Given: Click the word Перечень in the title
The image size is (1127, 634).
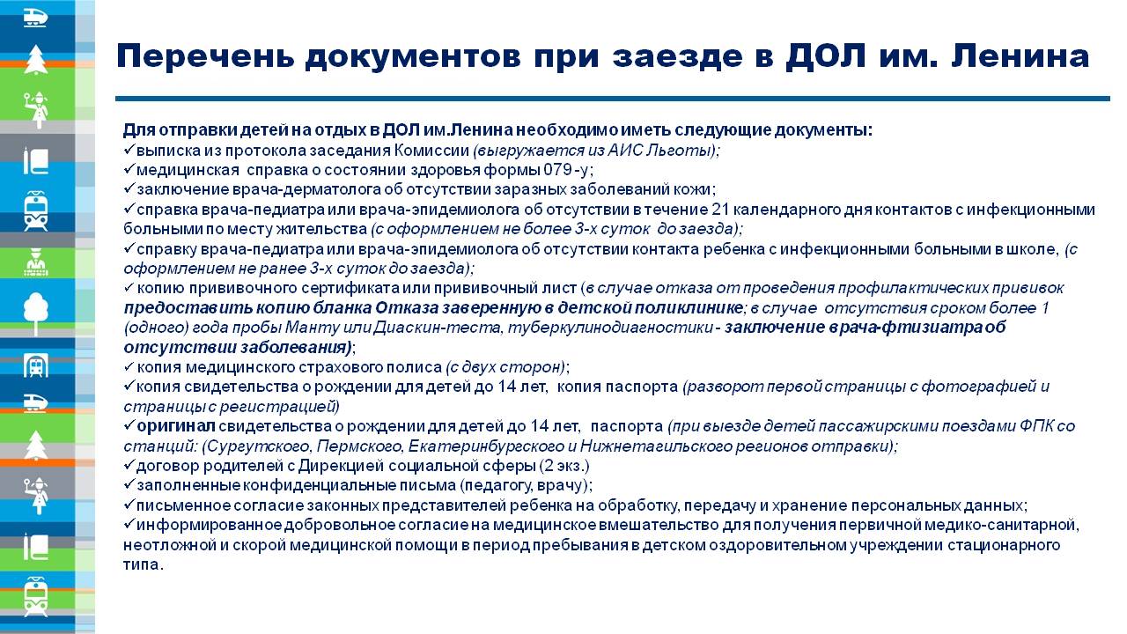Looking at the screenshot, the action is pyautogui.click(x=205, y=55).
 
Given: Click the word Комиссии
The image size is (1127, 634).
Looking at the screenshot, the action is pyautogui.click(x=431, y=151).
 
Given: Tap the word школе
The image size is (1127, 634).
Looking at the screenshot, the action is pyautogui.click(x=1032, y=249).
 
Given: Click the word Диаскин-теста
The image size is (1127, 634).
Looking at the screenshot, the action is pyautogui.click(x=438, y=328).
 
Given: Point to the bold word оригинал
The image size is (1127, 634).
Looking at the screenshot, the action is pyautogui.click(x=176, y=427).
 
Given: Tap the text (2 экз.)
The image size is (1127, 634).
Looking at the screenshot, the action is pyautogui.click(x=564, y=466).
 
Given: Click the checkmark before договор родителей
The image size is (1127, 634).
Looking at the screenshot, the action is pyautogui.click(x=129, y=464).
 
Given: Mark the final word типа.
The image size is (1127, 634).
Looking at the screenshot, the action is pyautogui.click(x=144, y=564).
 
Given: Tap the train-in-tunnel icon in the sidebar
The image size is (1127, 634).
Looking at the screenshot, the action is pyautogui.click(x=36, y=365).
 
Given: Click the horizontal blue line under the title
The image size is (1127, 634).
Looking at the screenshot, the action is pyautogui.click(x=612, y=99).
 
